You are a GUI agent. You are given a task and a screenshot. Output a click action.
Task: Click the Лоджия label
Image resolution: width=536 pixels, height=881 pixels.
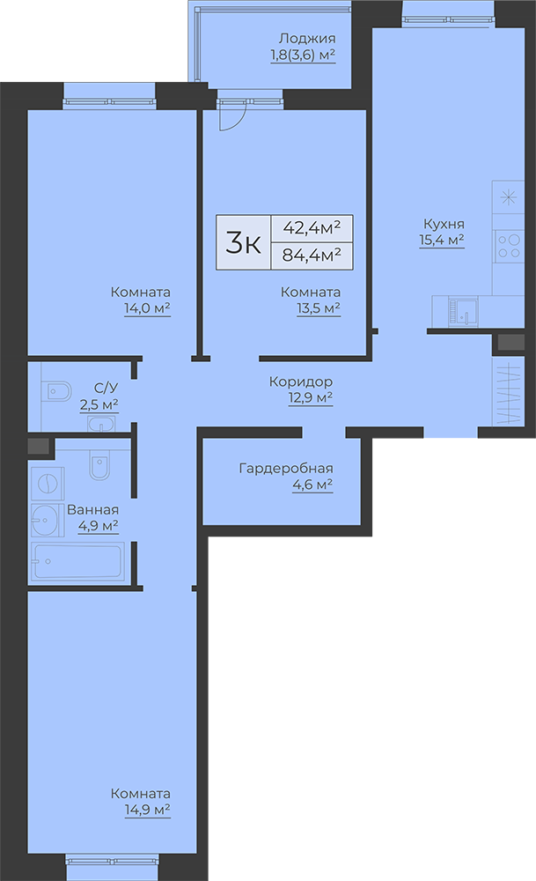307,39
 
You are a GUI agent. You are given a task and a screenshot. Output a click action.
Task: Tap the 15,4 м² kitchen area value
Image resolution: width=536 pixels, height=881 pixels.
442,241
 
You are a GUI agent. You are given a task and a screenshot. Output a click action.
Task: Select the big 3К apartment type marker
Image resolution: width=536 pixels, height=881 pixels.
244,243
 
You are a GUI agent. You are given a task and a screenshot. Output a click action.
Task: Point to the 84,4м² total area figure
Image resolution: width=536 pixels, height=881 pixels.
312,255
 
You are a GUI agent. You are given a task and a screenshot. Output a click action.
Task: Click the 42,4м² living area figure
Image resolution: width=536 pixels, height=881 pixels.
312,227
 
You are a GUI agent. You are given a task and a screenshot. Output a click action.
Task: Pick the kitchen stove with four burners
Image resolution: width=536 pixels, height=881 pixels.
509,246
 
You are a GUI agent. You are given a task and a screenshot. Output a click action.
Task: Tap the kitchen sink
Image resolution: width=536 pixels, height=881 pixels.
463,312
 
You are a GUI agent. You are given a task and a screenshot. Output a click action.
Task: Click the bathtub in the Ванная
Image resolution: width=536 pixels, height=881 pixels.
77,560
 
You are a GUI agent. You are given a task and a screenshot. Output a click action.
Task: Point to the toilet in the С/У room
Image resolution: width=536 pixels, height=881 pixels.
55,390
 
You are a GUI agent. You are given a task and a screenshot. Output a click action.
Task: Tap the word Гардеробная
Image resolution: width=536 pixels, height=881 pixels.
286,468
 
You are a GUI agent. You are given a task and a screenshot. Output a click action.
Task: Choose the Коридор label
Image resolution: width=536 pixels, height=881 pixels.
301,381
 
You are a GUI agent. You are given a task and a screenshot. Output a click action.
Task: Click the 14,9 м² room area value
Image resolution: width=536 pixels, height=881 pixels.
147,810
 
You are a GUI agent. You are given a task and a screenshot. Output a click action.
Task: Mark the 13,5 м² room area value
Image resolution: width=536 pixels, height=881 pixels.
318,307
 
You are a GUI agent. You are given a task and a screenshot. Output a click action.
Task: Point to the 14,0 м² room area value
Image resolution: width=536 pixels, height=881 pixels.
147,307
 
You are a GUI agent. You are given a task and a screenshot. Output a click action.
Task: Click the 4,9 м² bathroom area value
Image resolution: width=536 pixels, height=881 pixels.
98,525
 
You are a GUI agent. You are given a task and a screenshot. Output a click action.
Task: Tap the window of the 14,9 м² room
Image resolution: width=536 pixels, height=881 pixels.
113,860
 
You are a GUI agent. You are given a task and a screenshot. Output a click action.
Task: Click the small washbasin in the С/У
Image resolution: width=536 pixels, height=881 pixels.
101,425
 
